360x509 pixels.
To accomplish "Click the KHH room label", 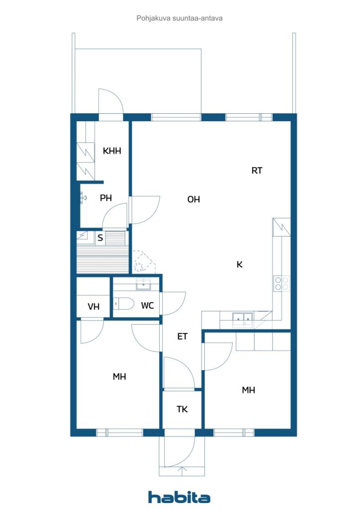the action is pyautogui.click(x=112, y=151).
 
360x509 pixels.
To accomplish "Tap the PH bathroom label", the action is pyautogui.click(x=106, y=198).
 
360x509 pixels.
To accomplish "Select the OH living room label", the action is pyautogui.click(x=193, y=199).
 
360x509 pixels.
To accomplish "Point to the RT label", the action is pyautogui.click(x=257, y=170).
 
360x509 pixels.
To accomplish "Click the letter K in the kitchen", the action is pyautogui.click(x=240, y=264).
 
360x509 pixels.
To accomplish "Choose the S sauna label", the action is pyautogui.click(x=100, y=238).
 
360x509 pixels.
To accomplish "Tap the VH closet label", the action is pyautogui.click(x=93, y=306).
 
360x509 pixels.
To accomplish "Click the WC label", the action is pyautogui.click(x=147, y=306).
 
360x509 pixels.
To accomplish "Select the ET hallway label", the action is pyautogui.click(x=182, y=337).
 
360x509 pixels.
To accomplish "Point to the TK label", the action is pyautogui.click(x=182, y=410).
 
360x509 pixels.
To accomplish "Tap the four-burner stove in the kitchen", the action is pyautogui.click(x=281, y=283).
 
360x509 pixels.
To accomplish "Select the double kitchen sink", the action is pyautogui.click(x=243, y=319).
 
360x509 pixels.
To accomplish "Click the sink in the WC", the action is pyautogui.click(x=143, y=284).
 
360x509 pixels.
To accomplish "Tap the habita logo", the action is pyautogui.click(x=179, y=497).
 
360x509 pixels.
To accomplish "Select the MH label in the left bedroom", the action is pyautogui.click(x=119, y=377).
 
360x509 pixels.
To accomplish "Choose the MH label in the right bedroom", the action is pyautogui.click(x=248, y=390).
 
